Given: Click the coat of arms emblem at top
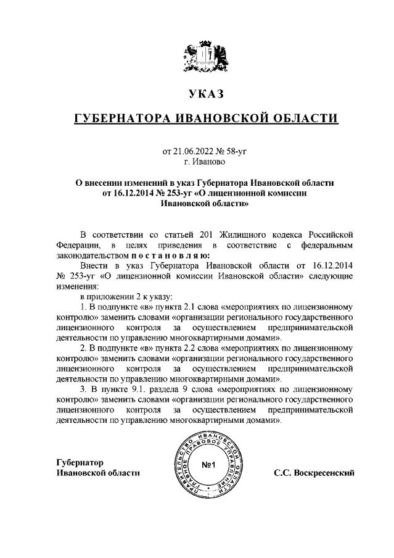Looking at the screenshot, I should click(x=204, y=56).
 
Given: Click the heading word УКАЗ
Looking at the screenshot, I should click(x=204, y=94).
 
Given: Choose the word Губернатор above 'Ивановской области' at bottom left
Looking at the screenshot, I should click(x=80, y=462).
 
